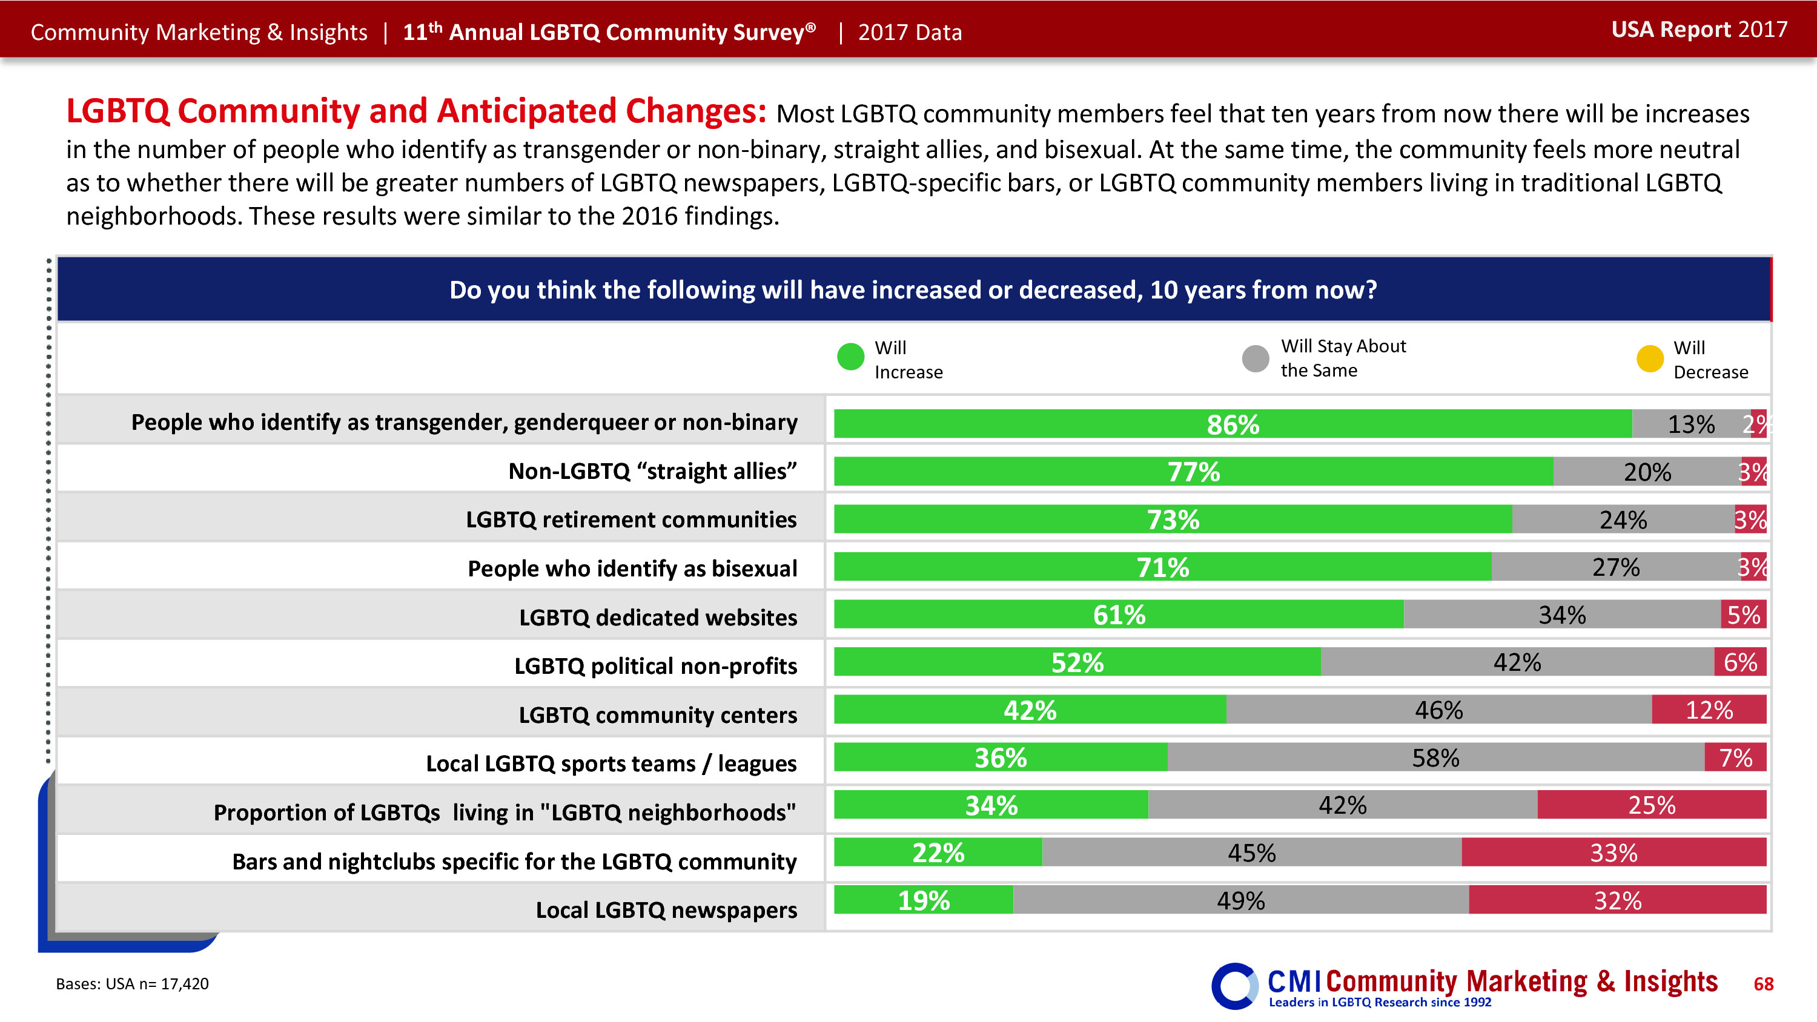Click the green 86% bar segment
[1233, 424]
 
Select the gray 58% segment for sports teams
[1435, 757]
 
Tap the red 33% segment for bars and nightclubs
[1613, 852]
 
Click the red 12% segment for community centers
[1709, 710]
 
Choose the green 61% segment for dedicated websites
[1119, 615]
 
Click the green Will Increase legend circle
[850, 357]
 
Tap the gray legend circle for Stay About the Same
[1255, 358]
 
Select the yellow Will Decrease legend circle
[1650, 358]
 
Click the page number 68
[1762, 984]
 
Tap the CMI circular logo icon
[1234, 985]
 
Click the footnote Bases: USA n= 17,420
[133, 984]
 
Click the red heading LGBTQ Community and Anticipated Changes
[416, 111]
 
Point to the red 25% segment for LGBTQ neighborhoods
[1651, 805]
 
